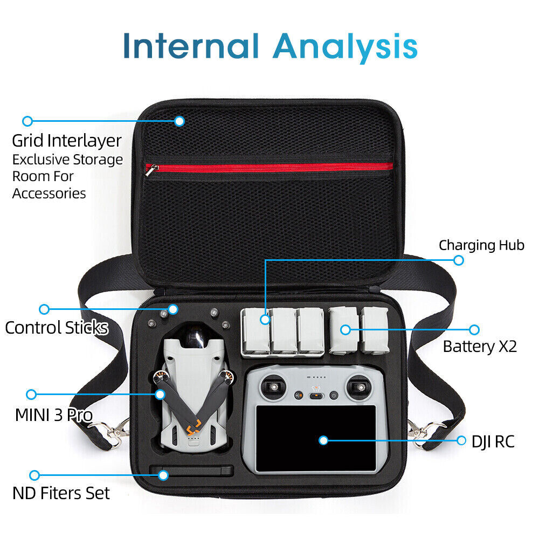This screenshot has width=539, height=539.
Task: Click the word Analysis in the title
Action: pyautogui.click(x=345, y=48)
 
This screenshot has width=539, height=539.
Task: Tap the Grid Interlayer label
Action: pyautogui.click(x=67, y=141)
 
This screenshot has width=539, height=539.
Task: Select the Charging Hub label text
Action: pyautogui.click(x=481, y=245)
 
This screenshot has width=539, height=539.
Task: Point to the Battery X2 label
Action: pyautogui.click(x=480, y=347)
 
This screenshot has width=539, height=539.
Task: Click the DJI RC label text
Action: pyautogui.click(x=493, y=442)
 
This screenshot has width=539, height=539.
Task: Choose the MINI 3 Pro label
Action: pyautogui.click(x=54, y=415)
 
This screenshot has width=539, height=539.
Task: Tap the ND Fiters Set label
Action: pyautogui.click(x=61, y=493)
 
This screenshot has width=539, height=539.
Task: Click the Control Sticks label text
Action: pyautogui.click(x=57, y=328)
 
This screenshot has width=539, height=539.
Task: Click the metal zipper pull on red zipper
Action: pyautogui.click(x=151, y=169)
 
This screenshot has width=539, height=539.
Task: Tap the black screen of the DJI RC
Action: pyautogui.click(x=316, y=438)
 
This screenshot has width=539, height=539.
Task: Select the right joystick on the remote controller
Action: pyautogui.click(x=360, y=388)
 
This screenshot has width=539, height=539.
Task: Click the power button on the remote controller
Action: pyautogui.click(x=334, y=396)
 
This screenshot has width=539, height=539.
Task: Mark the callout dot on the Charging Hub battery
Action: pyautogui.click(x=265, y=320)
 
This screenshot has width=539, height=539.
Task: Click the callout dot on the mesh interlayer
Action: pyautogui.click(x=179, y=121)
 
